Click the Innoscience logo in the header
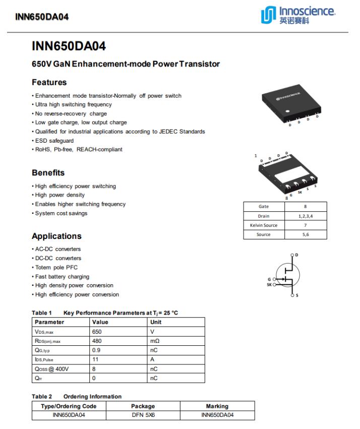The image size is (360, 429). click(297, 15)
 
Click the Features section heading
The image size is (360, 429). click(49, 82)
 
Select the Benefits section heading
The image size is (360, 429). click(48, 172)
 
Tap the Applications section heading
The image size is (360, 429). click(56, 236)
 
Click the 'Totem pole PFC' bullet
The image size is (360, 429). click(56, 267)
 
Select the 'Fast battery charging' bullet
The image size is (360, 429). click(62, 276)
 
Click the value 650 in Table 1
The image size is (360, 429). click(97, 332)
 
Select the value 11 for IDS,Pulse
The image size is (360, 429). click(95, 359)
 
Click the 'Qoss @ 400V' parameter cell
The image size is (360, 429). click(51, 369)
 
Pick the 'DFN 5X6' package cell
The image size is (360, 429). click(143, 415)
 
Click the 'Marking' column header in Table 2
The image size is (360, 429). click(217, 406)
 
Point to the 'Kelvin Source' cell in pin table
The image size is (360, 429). click(263, 225)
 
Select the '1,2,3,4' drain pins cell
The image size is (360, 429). click(306, 216)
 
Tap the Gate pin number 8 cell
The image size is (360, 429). click(306, 207)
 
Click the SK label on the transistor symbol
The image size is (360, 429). click(269, 285)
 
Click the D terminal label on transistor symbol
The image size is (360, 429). click(296, 255)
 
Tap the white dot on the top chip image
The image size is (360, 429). click(287, 111)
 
